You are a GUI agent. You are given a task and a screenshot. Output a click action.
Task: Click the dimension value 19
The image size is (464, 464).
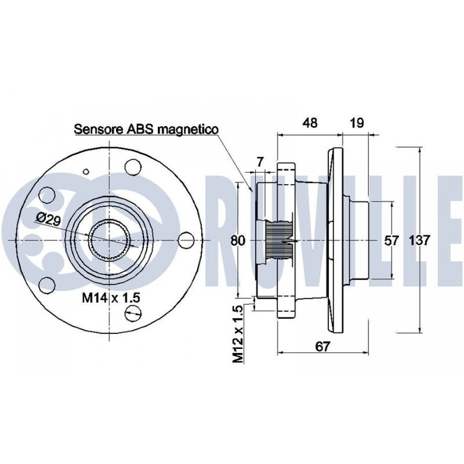pyautogui.click(x=356, y=123)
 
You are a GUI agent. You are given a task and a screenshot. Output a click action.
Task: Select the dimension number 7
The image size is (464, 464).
pyautogui.click(x=260, y=162)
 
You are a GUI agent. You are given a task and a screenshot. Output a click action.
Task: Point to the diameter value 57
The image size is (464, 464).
pyautogui.click(x=393, y=240)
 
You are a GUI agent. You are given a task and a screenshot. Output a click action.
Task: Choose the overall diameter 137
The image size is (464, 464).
pyautogui.click(x=420, y=240)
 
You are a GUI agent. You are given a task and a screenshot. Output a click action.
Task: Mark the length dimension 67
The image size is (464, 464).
pyautogui.click(x=323, y=346)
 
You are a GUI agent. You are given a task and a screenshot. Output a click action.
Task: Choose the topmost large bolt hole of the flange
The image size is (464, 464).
pyautogui.click(x=133, y=166)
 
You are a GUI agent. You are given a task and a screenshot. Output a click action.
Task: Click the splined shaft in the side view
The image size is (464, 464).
pyautogui.click(x=278, y=240)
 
